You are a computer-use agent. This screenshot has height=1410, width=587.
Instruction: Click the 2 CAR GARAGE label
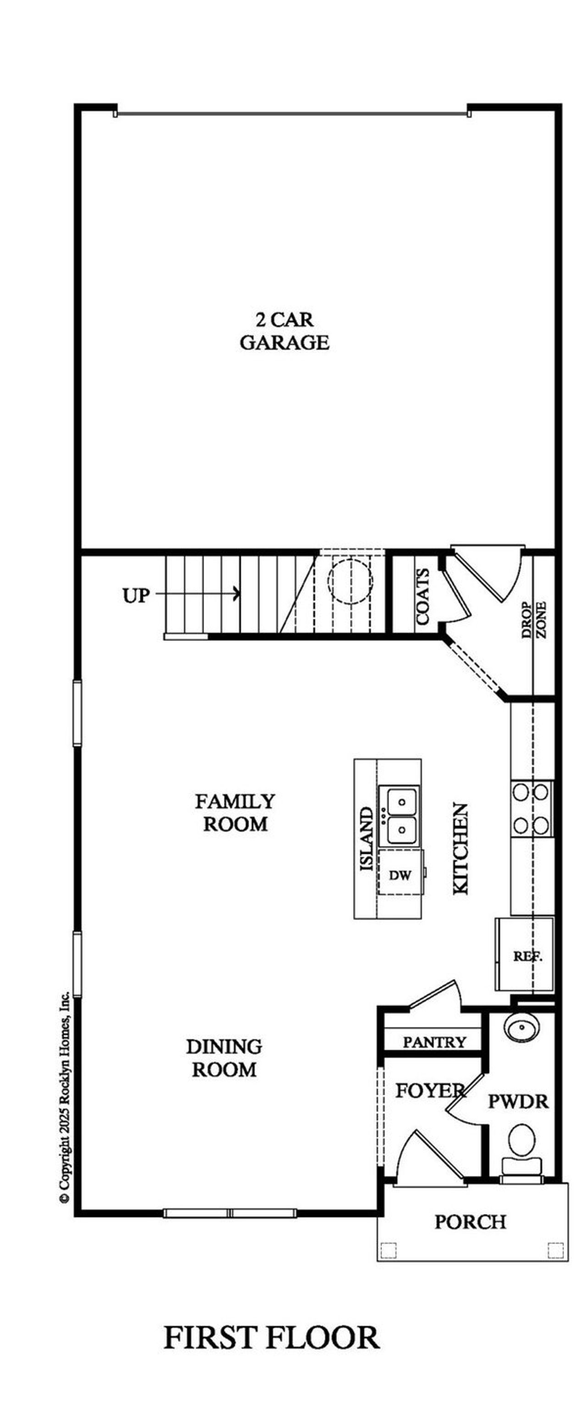coord(284,331)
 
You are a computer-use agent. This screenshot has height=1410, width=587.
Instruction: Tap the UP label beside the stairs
coord(136,595)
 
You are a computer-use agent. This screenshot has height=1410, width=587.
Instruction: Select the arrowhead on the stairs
coord(236,593)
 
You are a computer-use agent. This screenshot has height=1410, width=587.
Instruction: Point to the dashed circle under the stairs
coord(350,581)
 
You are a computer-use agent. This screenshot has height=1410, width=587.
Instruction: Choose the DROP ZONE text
coord(533,620)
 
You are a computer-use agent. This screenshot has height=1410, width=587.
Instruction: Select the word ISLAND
coord(366,839)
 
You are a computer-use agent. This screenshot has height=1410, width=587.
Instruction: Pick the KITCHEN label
coord(460,848)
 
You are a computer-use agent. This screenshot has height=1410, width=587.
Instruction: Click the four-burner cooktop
coord(530,808)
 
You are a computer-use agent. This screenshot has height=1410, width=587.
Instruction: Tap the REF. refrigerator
coord(527,956)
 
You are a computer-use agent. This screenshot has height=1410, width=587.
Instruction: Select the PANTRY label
coord(434,1041)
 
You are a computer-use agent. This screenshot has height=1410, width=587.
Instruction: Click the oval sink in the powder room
coord(521,1026)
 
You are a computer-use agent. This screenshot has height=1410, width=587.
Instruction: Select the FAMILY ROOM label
coord(235,812)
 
